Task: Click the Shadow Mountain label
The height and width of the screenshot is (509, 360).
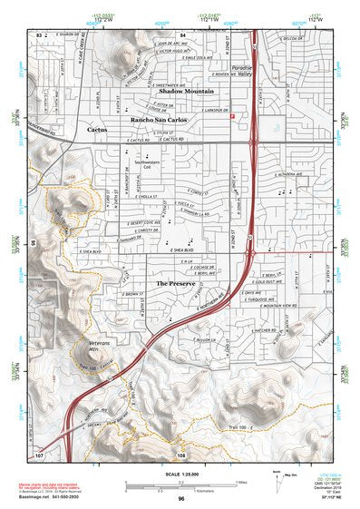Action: [x=187, y=93]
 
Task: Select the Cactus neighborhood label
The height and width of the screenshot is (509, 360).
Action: [x=97, y=131]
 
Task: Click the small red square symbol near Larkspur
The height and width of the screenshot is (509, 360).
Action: [x=233, y=116]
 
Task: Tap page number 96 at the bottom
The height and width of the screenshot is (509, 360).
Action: [x=180, y=496]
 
